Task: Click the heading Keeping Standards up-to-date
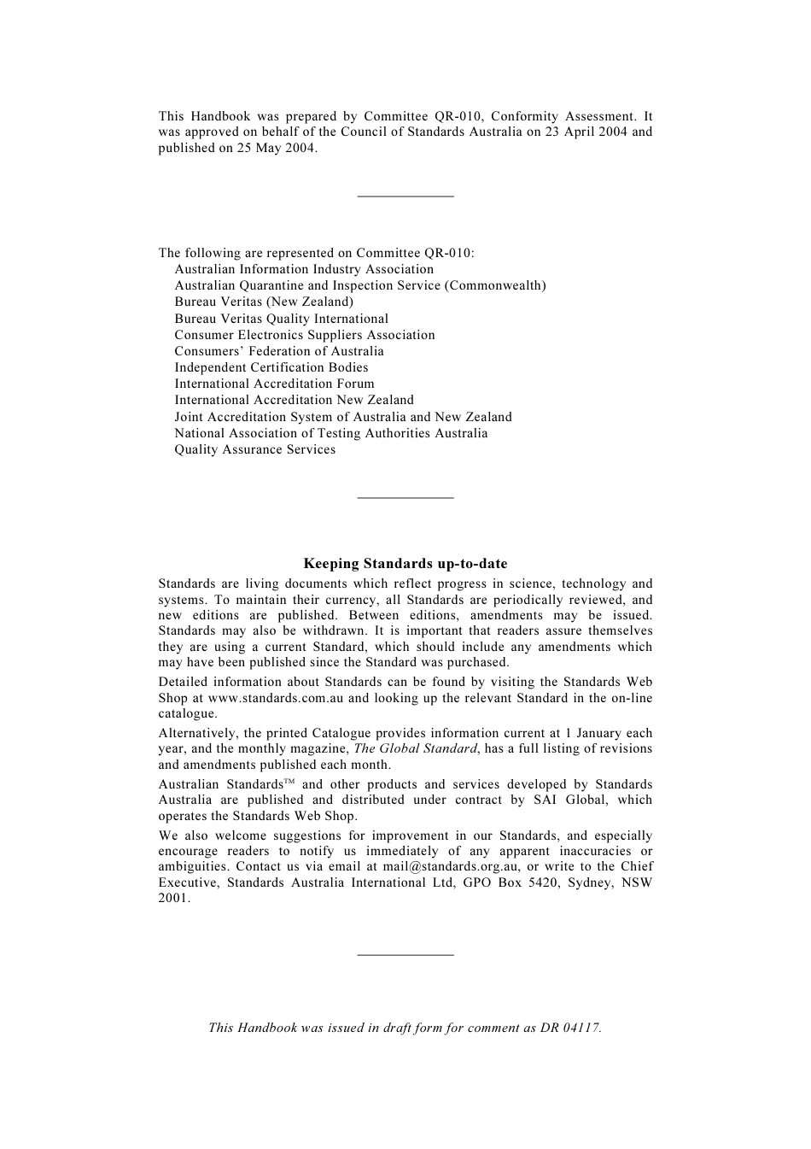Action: pyautogui.click(x=405, y=564)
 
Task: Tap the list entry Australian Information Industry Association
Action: pyautogui.click(x=304, y=269)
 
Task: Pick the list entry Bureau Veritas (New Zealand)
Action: pyautogui.click(x=264, y=302)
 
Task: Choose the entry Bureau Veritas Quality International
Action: pyautogui.click(x=281, y=319)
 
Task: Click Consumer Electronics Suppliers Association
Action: pyautogui.click(x=305, y=335)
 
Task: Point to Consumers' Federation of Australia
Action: pyautogui.click(x=279, y=351)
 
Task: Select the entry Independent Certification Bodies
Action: pyautogui.click(x=271, y=367)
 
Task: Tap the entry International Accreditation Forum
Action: pyautogui.click(x=274, y=384)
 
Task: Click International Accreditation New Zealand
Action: pyautogui.click(x=294, y=400)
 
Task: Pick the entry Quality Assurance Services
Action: pyautogui.click(x=255, y=449)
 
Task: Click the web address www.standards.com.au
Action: pyautogui.click(x=276, y=698)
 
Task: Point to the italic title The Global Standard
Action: pyautogui.click(x=415, y=748)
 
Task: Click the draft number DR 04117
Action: pyautogui.click(x=569, y=1028)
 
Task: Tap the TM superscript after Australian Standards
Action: pyautogui.click(x=289, y=782)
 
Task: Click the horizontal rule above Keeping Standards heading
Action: pyautogui.click(x=405, y=497)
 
